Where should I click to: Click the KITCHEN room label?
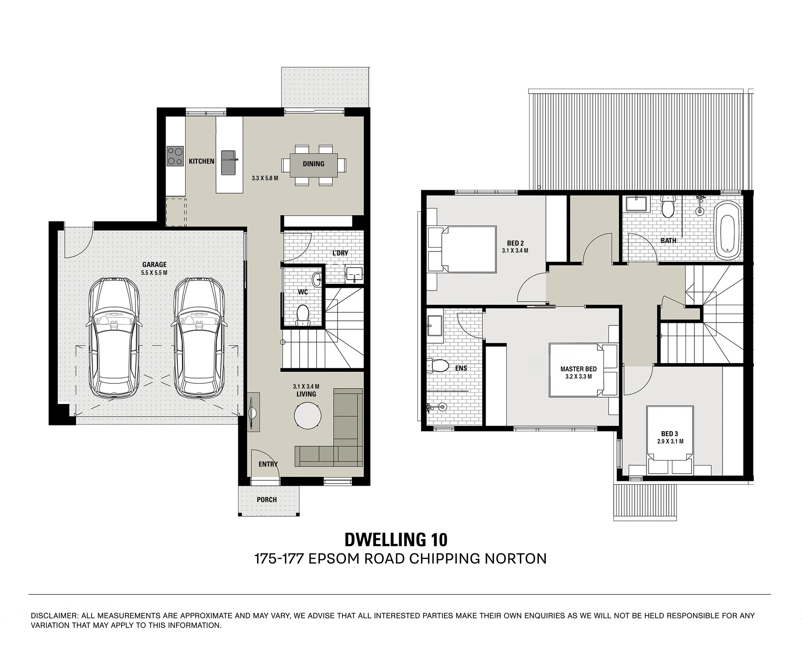pos(202,161)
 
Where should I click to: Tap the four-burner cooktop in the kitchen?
pos(175,156)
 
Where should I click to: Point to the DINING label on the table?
pos(314,164)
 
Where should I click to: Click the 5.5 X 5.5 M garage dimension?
pos(154,272)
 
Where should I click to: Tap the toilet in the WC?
pos(303,315)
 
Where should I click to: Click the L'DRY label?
pos(340,253)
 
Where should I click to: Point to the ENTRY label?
pos(268,464)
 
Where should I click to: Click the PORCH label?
pos(267,499)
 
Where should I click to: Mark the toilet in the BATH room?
pos(667,206)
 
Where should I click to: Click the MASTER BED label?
pos(578,369)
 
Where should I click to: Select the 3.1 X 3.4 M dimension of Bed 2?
pos(515,251)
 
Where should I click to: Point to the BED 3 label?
pos(670,434)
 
